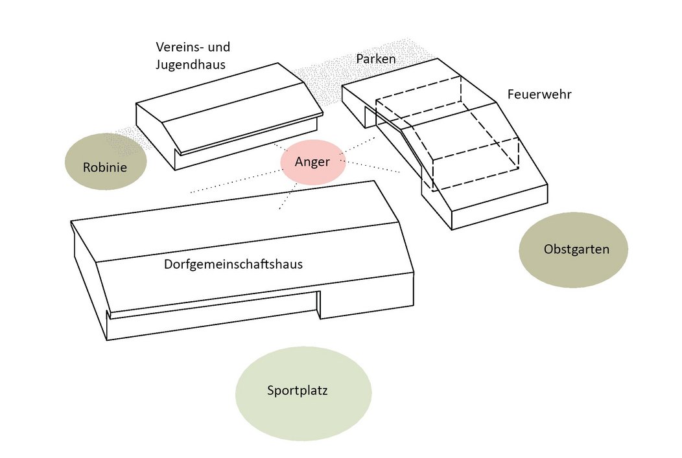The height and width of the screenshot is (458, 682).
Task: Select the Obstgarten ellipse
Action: (573, 249)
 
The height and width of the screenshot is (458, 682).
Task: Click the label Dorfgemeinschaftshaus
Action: (233, 264)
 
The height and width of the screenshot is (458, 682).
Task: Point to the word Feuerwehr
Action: (539, 95)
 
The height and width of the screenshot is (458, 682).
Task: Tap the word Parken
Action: (376, 59)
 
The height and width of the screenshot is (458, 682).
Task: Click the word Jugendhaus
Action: (191, 64)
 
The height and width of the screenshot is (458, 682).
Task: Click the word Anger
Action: (312, 163)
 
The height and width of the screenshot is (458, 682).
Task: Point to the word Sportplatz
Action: (298, 391)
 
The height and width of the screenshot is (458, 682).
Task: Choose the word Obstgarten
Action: (577, 249)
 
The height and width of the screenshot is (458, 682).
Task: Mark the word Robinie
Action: (105, 168)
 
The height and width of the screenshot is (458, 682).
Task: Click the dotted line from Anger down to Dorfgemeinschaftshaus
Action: (287, 196)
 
